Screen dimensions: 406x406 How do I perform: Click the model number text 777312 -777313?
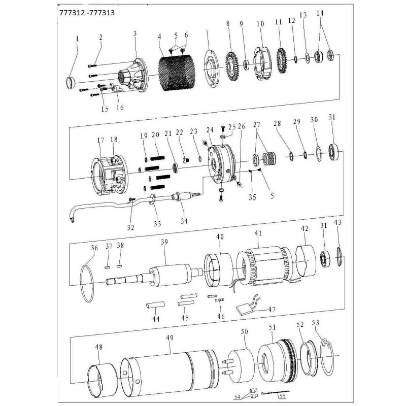click(x=87, y=13)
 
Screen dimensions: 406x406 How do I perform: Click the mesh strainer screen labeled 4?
click(x=174, y=73)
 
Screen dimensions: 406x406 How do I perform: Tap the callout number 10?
click(x=260, y=24)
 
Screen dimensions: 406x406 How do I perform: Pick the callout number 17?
click(x=100, y=141)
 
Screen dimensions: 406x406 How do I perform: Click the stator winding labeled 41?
click(x=265, y=267)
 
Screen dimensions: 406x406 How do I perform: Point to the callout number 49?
click(x=170, y=337)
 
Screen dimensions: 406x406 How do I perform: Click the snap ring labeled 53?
click(x=327, y=357)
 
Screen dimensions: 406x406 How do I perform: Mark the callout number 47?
click(x=272, y=309)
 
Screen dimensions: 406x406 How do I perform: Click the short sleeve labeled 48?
click(x=103, y=381)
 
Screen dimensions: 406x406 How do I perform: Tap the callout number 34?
click(x=184, y=221)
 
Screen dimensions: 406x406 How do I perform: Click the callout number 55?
click(x=283, y=396)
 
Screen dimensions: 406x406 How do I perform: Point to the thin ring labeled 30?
click(x=319, y=154)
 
